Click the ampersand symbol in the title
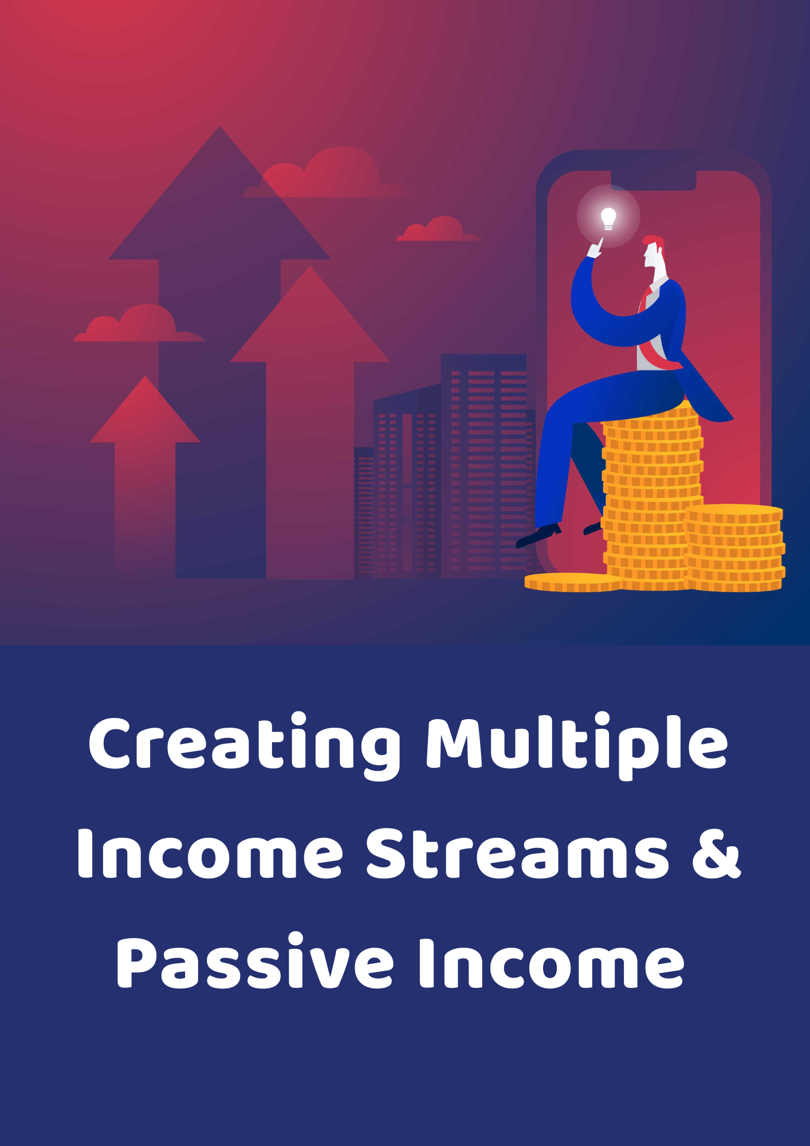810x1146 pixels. tap(717, 853)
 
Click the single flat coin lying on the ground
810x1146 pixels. tap(572, 582)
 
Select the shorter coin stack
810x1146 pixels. tap(735, 548)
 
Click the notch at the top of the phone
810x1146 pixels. tap(653, 180)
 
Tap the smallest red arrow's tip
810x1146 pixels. tap(146, 376)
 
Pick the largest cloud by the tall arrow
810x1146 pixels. tap(327, 173)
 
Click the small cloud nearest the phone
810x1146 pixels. tap(439, 229)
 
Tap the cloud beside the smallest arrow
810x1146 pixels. tap(139, 324)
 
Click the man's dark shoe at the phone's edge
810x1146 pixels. tap(538, 535)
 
